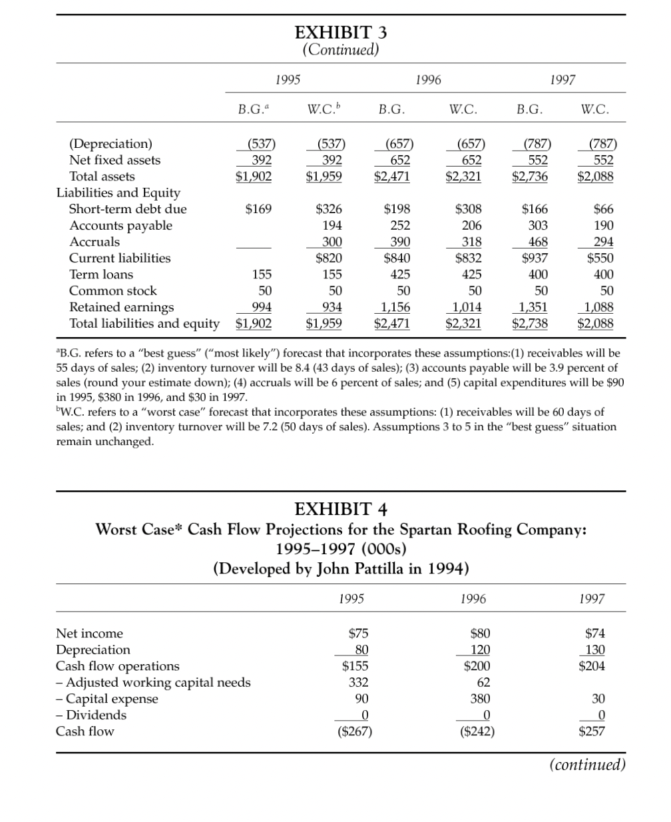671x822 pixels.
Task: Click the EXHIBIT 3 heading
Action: [340, 32]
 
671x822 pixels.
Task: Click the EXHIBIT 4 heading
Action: [340, 510]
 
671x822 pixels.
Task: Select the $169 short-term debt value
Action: [258, 209]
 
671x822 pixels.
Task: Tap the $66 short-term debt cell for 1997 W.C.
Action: [603, 209]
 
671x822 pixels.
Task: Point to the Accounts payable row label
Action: [120, 225]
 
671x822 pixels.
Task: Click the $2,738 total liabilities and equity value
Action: [530, 324]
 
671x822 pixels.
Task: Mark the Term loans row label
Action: [101, 274]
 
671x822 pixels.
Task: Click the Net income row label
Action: [89, 633]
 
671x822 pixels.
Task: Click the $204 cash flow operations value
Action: [591, 666]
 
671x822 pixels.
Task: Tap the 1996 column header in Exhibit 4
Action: [473, 599]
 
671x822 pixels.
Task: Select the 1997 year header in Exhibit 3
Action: [562, 80]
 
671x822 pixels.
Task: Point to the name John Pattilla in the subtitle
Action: [368, 568]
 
